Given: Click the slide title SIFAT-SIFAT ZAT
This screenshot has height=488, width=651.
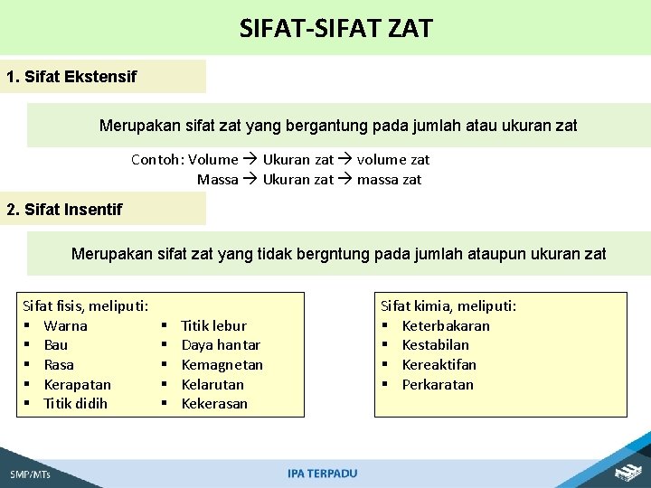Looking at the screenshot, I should coord(335,28).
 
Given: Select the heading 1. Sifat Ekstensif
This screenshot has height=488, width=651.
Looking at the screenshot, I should coord(71,77).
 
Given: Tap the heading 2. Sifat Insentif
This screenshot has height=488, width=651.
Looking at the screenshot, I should coord(64,210).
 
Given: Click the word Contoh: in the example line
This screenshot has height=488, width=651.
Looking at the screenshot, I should coord(157,160).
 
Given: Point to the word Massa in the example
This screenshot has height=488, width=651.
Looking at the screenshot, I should coord(217,179).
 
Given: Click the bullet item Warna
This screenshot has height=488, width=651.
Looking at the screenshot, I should coord(65,325).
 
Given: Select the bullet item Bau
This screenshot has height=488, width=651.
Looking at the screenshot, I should coord(55,345).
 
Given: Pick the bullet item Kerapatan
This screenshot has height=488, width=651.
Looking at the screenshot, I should coord(77,384).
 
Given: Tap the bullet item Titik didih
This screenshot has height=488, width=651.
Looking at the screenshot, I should coord(75,403).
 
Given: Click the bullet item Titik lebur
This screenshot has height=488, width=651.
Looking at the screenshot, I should coord(213,325).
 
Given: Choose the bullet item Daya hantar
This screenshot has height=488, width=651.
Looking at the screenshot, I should coord(221,345).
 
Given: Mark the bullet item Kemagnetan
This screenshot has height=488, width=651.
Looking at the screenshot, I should coord(222,364).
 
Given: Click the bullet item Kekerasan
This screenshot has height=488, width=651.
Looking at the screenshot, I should coord(214,403).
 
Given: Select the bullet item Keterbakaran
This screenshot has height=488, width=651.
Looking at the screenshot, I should coord(445,325).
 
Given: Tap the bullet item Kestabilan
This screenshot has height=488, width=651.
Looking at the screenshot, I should coord(435,345).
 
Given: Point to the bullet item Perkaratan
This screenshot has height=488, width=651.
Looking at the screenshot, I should coord(437,384).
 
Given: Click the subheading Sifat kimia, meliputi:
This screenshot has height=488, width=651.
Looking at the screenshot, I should coord(448,306).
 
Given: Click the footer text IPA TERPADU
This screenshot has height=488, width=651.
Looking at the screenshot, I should coord(322,474).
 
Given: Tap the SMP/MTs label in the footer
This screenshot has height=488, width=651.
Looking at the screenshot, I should coord(30,474).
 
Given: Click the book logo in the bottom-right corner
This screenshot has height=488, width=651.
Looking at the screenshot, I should coord(627,471).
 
